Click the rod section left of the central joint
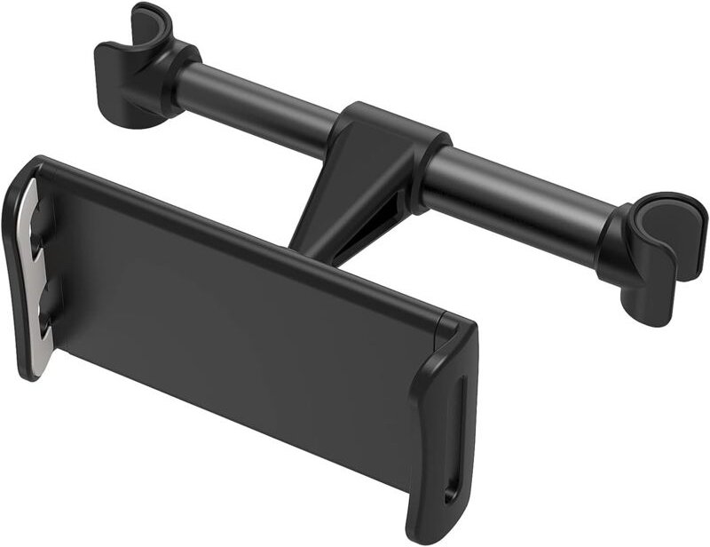257,102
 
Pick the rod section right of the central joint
515,191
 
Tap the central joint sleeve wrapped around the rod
390,142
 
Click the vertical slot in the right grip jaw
456,426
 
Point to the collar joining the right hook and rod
612,240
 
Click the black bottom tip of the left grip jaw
27,369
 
